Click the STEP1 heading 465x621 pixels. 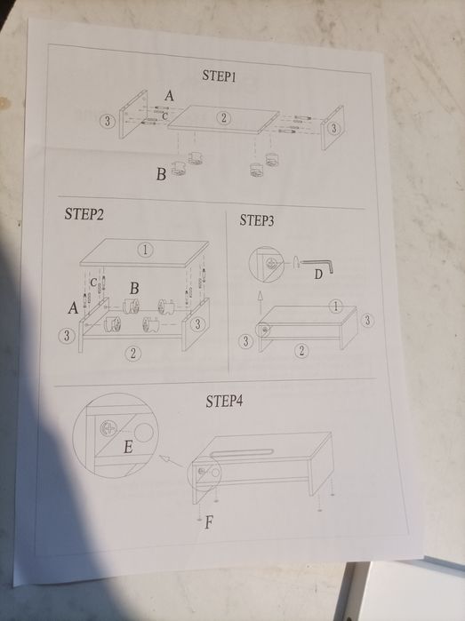coord(219,76)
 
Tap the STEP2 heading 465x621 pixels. coord(84,214)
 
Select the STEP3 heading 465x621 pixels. coord(256,220)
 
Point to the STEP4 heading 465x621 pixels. coord(224,402)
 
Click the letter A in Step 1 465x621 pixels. coord(169,95)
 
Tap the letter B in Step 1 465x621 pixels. coord(161,174)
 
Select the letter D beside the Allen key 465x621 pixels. coord(318,274)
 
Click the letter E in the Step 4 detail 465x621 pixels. coord(128,447)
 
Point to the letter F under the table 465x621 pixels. coord(209,522)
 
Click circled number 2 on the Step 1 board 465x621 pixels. coord(224,117)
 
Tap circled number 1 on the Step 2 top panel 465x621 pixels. coord(145,250)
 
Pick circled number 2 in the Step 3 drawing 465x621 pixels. coord(301,351)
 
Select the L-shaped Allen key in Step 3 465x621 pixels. coord(317,265)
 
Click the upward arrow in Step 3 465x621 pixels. coord(260,303)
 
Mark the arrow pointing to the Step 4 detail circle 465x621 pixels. coord(172,461)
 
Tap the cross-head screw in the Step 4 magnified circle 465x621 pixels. coord(108,428)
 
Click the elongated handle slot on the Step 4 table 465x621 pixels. coord(243,453)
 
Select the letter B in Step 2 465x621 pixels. coord(134,288)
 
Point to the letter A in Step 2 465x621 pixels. coord(73,307)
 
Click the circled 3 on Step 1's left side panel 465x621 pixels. coord(107,121)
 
